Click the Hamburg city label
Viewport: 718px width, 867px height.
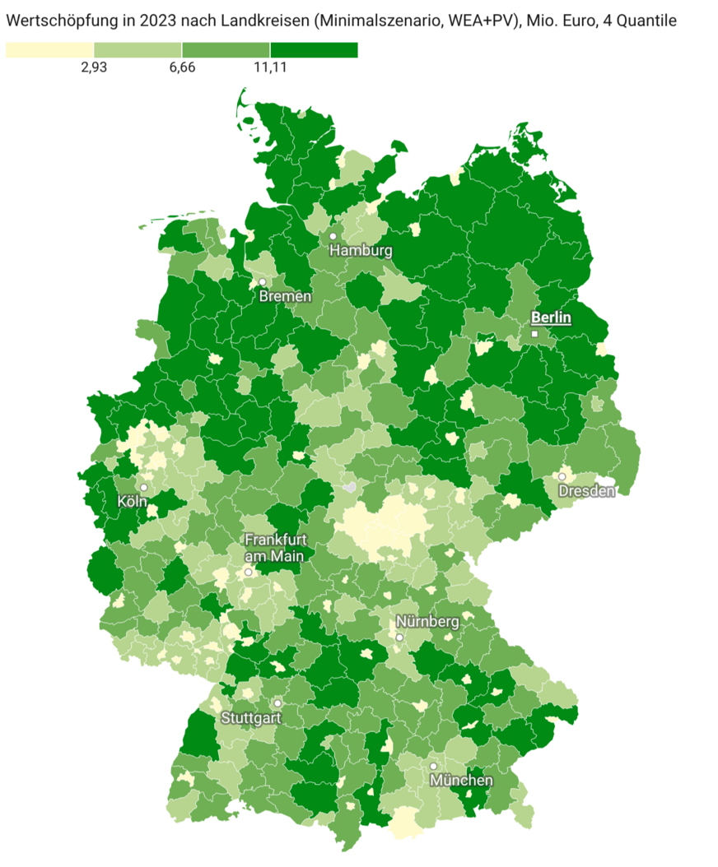[x=361, y=251]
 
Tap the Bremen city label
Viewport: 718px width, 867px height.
[x=285, y=296]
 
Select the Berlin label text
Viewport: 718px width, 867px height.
[x=551, y=318]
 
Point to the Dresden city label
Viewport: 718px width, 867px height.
[x=586, y=491]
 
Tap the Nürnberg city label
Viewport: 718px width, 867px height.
[x=427, y=622]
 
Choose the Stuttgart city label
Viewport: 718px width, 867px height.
[x=251, y=717]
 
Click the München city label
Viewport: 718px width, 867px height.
[x=461, y=780]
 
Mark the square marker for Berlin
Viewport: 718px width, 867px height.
[x=534, y=334]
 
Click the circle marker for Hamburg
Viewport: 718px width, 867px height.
[x=333, y=236]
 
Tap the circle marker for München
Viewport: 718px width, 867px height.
[x=433, y=766]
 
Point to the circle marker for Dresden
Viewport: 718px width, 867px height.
[x=562, y=476]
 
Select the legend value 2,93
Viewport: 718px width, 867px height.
[x=94, y=67]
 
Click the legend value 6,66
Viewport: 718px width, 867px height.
[x=182, y=67]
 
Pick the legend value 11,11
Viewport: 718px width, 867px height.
[x=270, y=67]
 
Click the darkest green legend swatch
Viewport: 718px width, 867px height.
[x=314, y=50]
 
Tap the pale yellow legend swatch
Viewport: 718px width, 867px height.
[x=49, y=50]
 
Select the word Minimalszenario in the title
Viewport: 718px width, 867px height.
[x=372, y=21]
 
